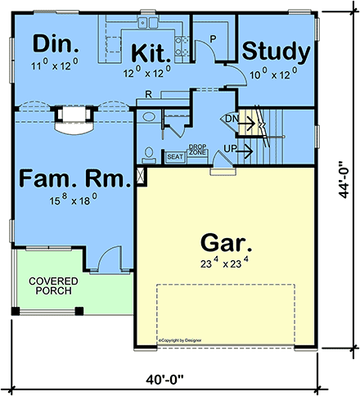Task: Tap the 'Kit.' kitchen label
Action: pos(151,54)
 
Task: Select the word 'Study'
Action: pos(277,52)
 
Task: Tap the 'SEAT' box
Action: pos(175,155)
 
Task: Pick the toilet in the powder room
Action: pos(148,152)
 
